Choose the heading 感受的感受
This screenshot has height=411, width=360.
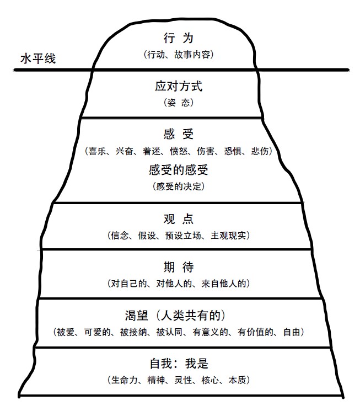tap(178, 170)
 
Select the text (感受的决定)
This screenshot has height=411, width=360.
tap(178, 186)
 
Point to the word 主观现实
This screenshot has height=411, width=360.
tap(229, 235)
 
